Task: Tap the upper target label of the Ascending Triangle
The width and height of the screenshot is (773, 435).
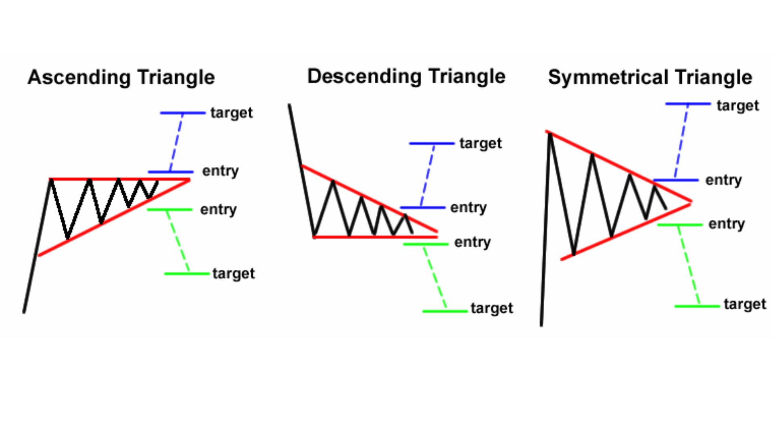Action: pyautogui.click(x=232, y=113)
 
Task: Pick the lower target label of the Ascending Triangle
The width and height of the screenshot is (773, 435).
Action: pyautogui.click(x=234, y=273)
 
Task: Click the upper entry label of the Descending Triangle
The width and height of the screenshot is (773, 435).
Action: pyautogui.click(x=468, y=208)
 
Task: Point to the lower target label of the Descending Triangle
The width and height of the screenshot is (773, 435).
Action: pyautogui.click(x=492, y=308)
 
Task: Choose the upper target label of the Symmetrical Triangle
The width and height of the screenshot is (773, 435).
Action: pyautogui.click(x=738, y=105)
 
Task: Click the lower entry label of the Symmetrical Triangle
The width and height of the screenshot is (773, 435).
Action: pyautogui.click(x=727, y=224)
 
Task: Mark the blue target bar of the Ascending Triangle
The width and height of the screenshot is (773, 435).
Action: pyautogui.click(x=183, y=113)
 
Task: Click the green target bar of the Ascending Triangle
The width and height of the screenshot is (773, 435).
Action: pyautogui.click(x=186, y=274)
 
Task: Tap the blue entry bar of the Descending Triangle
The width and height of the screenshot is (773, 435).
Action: pyautogui.click(x=422, y=208)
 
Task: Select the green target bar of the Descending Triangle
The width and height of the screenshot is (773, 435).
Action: pyautogui.click(x=445, y=311)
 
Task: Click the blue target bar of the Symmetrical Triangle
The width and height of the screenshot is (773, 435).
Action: pyautogui.click(x=687, y=104)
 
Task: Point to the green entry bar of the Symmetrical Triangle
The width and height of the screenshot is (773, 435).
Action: pyautogui.click(x=679, y=225)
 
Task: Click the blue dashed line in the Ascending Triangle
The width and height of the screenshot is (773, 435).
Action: pyautogui.click(x=176, y=142)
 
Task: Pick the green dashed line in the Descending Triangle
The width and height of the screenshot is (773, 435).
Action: pyautogui.click(x=435, y=277)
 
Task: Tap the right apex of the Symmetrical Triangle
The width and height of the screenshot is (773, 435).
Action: pyautogui.click(x=691, y=202)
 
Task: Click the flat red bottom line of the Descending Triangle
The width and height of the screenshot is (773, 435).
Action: pyautogui.click(x=375, y=237)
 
